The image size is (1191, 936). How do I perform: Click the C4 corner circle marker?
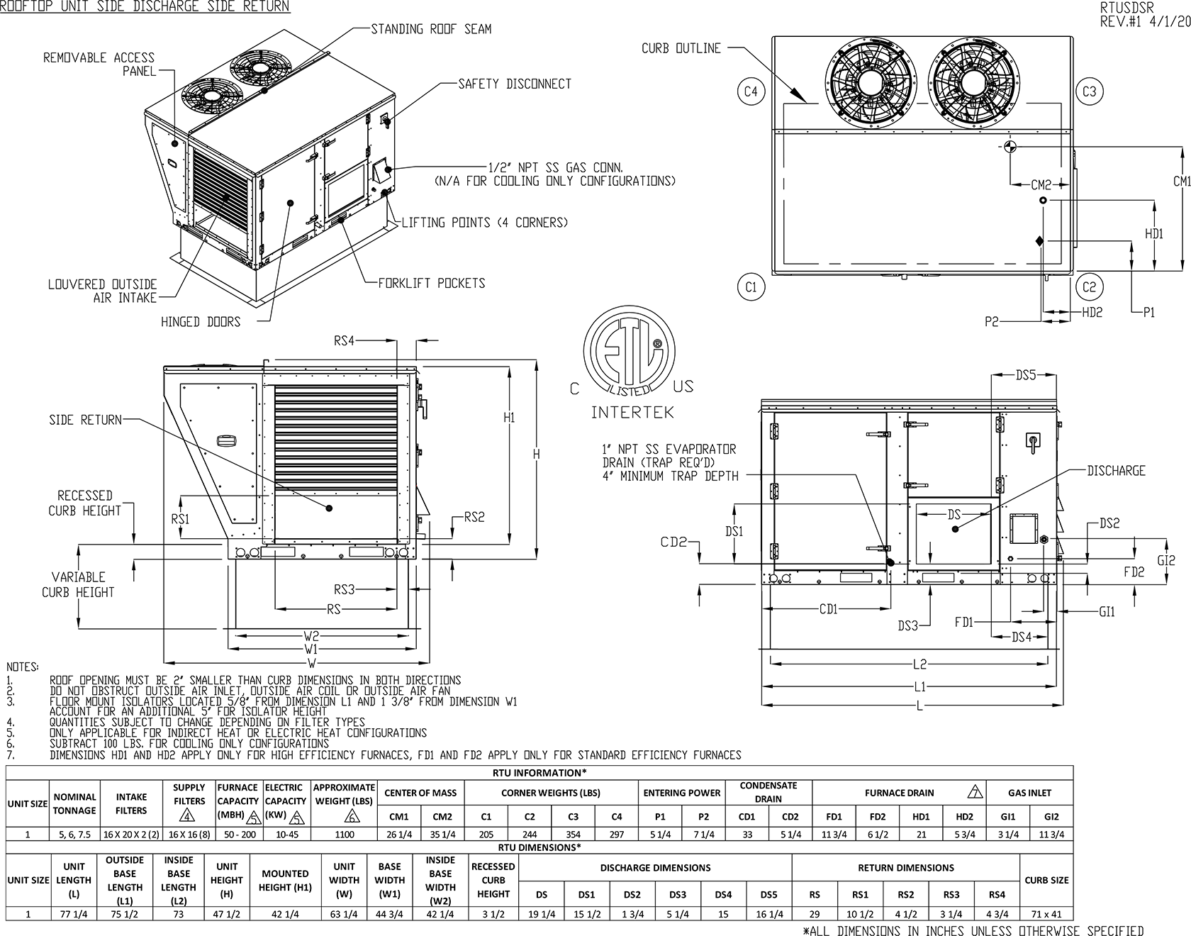tap(751, 91)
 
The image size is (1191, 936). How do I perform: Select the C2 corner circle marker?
tap(1090, 286)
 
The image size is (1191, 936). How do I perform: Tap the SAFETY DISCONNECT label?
tap(515, 84)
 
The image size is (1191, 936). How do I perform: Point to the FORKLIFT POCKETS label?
tap(432, 283)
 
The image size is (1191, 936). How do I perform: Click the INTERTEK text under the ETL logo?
tap(632, 412)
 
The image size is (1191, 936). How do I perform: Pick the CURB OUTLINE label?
tap(681, 48)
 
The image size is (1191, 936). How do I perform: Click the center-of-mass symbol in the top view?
tap(1010, 147)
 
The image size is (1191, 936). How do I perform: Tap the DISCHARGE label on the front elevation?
tap(1116, 471)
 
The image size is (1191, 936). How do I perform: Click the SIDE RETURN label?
tap(85, 420)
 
